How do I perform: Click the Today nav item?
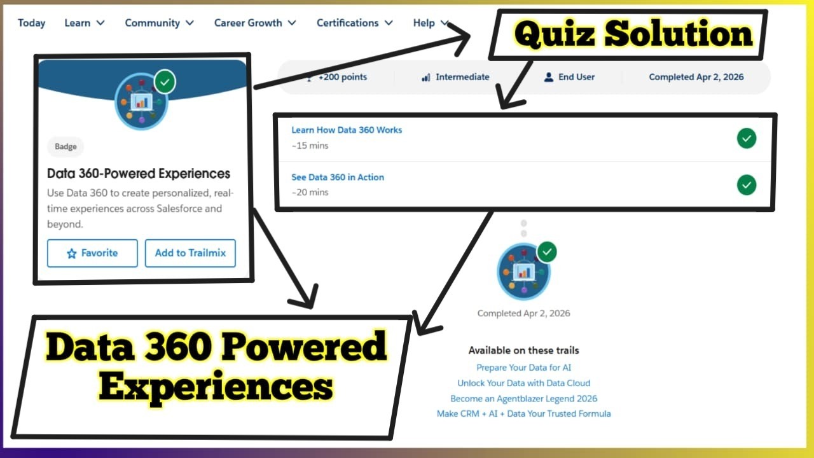pyautogui.click(x=31, y=23)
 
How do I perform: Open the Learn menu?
pyautogui.click(x=84, y=23)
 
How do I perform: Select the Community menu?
pyautogui.click(x=159, y=23)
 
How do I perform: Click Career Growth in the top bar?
pyautogui.click(x=254, y=23)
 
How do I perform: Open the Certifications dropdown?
pyautogui.click(x=354, y=23)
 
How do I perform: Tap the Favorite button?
pyautogui.click(x=92, y=253)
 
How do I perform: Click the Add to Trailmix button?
pyautogui.click(x=190, y=253)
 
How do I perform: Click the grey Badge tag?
pyautogui.click(x=66, y=147)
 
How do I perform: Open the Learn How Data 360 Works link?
pyautogui.click(x=347, y=130)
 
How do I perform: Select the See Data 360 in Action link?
pyautogui.click(x=338, y=177)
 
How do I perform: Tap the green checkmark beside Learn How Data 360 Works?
pyautogui.click(x=747, y=138)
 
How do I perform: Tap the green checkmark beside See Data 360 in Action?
pyautogui.click(x=747, y=185)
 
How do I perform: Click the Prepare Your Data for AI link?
pyautogui.click(x=523, y=368)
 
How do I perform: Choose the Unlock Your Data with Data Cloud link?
pyautogui.click(x=523, y=383)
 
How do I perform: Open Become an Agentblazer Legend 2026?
pyautogui.click(x=523, y=399)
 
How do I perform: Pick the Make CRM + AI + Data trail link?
pyautogui.click(x=523, y=413)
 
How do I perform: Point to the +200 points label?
pyautogui.click(x=342, y=77)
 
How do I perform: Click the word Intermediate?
pyautogui.click(x=462, y=77)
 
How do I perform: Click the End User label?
pyautogui.click(x=576, y=77)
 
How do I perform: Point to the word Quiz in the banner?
pyautogui.click(x=556, y=34)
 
